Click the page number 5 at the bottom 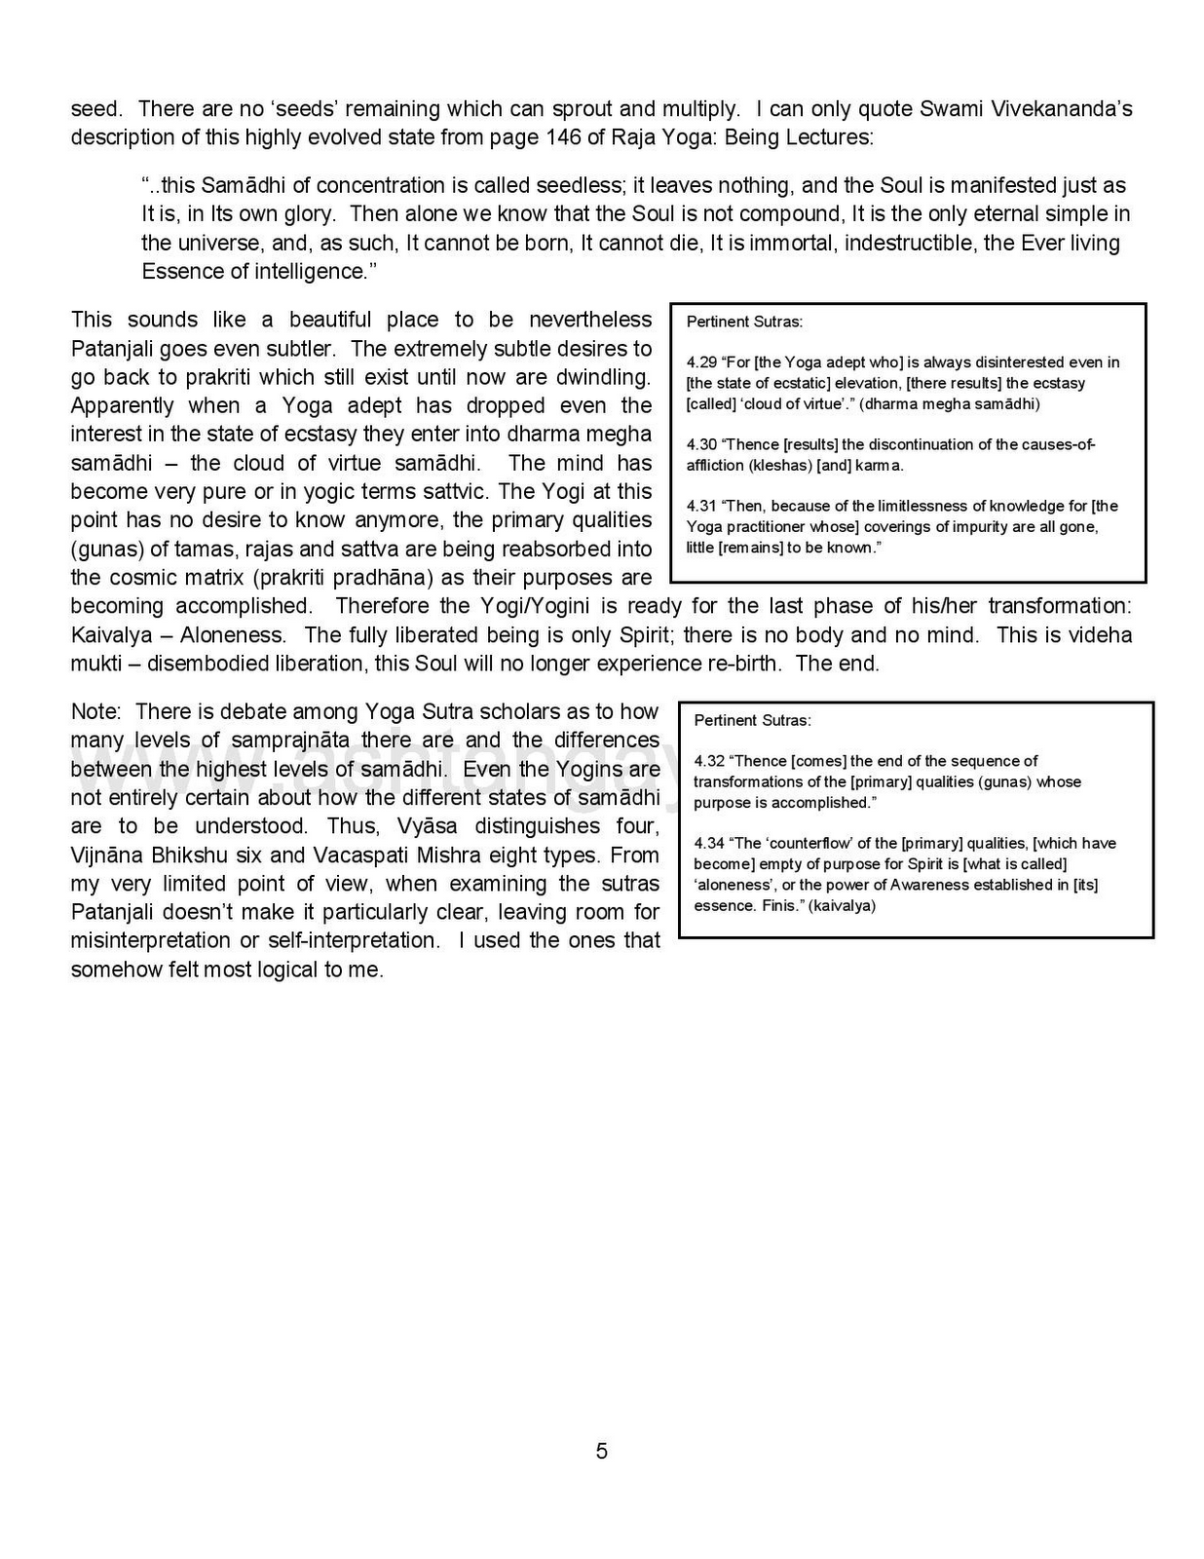coord(601,1452)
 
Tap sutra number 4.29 coord(701,362)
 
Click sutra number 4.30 coord(701,444)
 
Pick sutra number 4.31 coord(701,506)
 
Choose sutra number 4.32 coord(709,761)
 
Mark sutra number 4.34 coord(709,843)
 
